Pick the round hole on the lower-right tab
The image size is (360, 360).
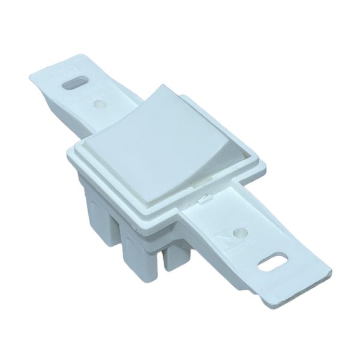pos(239,230)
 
